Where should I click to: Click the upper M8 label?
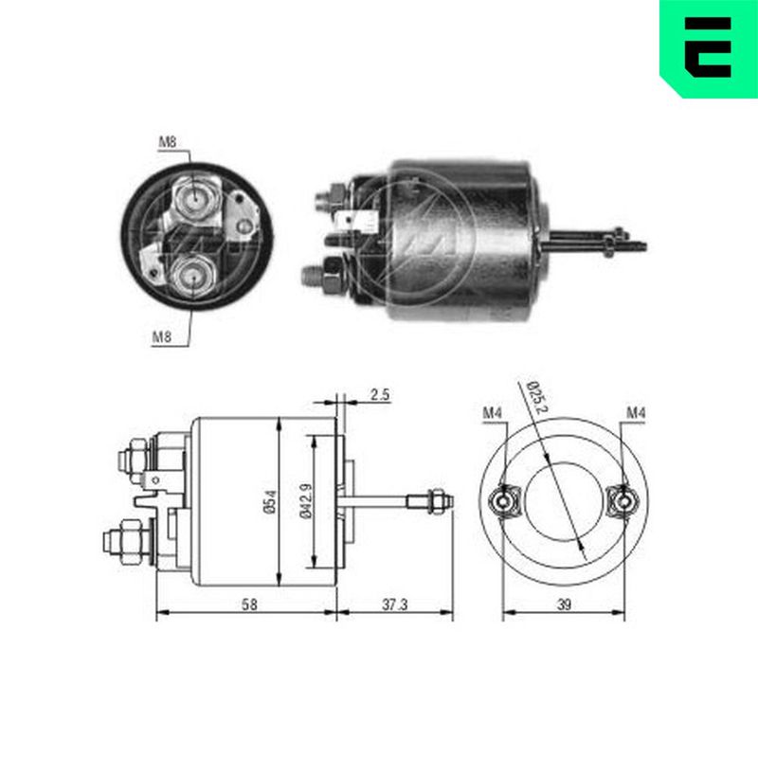tap(168, 142)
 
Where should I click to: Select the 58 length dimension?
tap(248, 603)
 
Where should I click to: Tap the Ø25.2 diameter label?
tap(535, 394)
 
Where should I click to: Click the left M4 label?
tap(491, 412)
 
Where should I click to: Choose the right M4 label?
tap(635, 412)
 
